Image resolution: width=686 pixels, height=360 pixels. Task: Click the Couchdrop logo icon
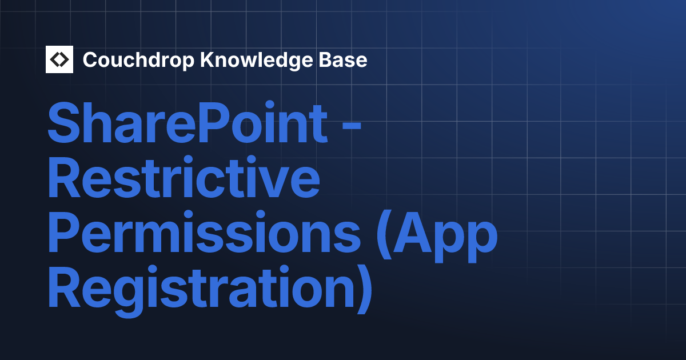[59, 59]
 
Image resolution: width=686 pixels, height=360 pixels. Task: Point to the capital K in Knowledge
[205, 60]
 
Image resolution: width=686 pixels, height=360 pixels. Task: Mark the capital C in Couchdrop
[90, 60]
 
